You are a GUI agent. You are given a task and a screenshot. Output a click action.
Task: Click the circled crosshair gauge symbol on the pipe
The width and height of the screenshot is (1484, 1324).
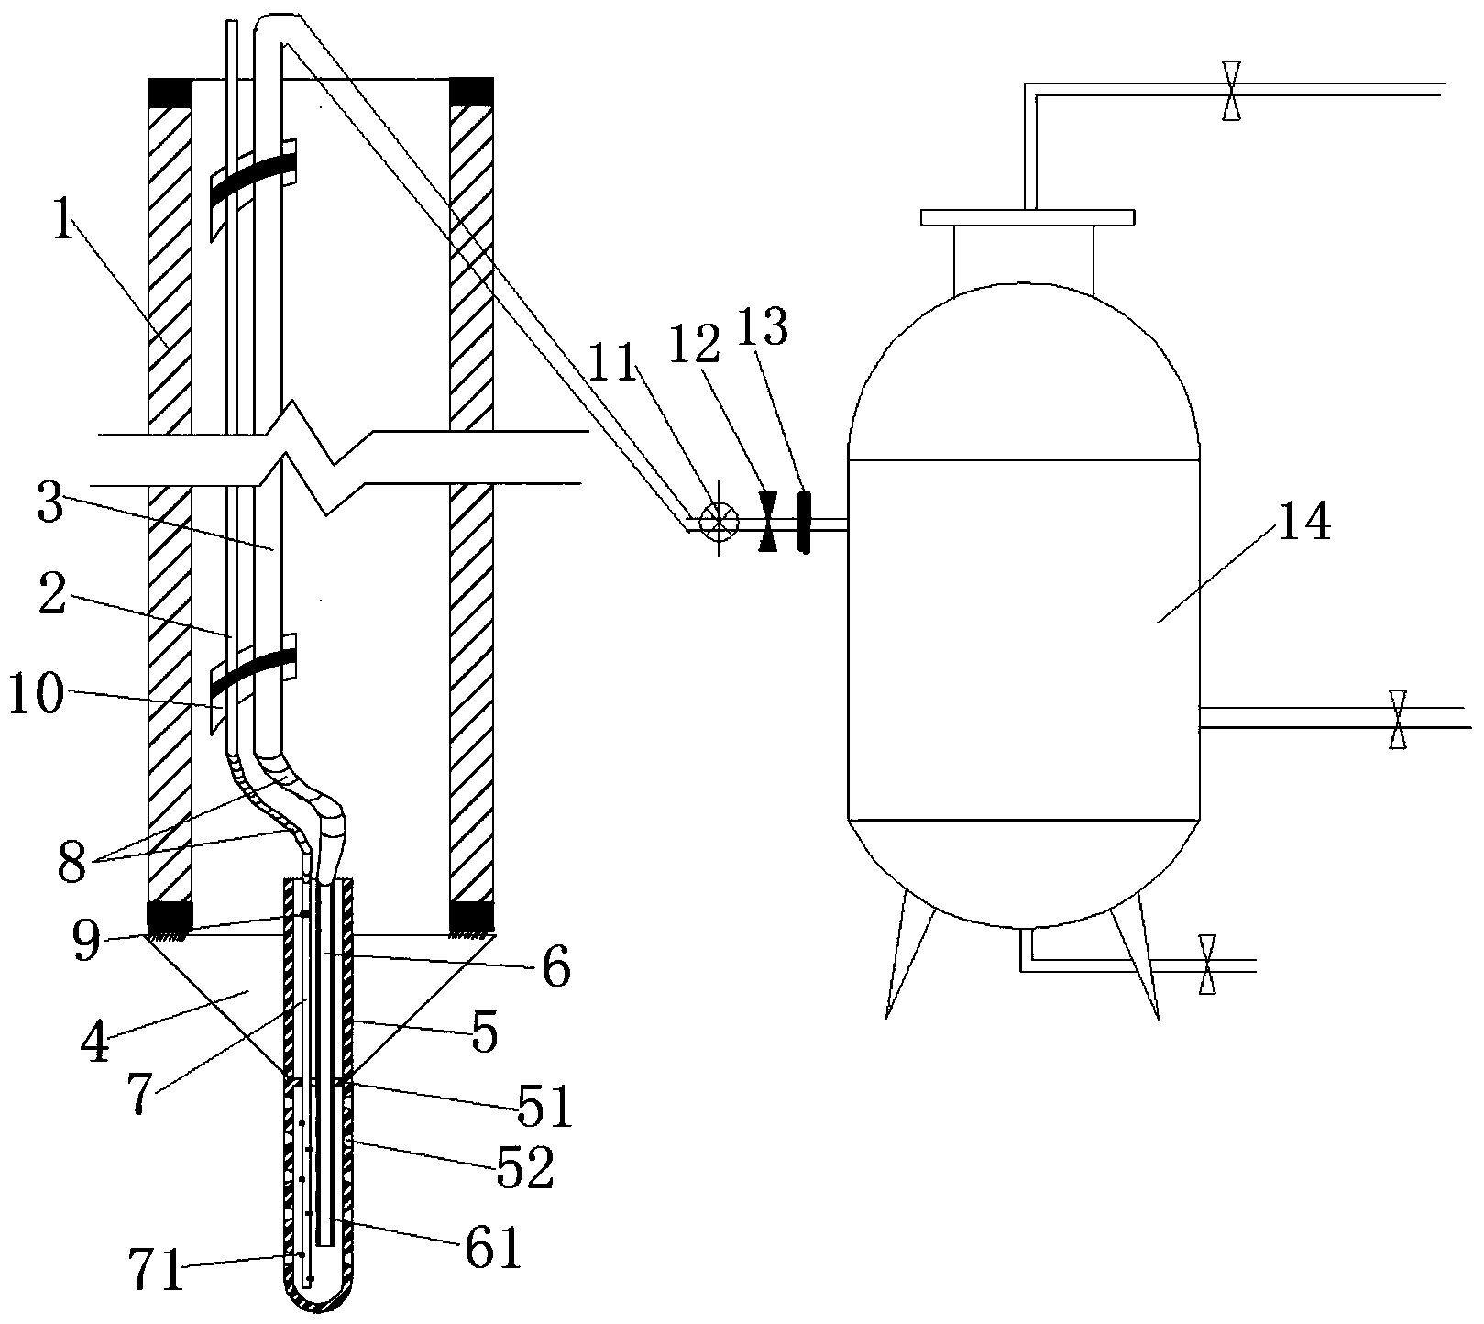click(719, 521)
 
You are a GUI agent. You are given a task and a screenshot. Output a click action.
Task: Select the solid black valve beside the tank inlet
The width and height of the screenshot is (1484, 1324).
click(768, 522)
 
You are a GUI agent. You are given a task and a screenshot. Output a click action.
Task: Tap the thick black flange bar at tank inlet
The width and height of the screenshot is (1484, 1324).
click(804, 523)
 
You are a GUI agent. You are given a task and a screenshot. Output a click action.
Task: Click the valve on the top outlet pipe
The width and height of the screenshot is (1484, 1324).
click(1232, 90)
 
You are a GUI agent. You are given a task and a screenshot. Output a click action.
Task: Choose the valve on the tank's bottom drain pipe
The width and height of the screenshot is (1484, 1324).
click(1207, 964)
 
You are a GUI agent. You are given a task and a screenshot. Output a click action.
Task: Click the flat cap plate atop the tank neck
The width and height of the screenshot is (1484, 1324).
click(1028, 217)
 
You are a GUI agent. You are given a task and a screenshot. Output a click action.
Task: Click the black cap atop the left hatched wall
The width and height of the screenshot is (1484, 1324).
click(170, 93)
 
